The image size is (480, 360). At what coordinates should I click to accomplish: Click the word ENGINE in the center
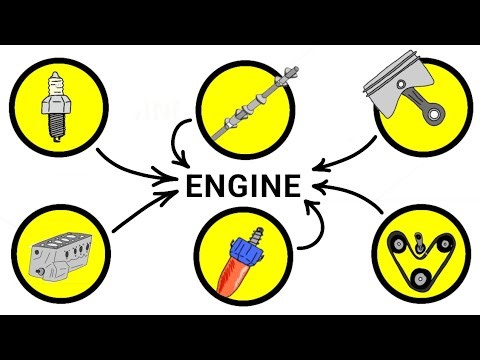coord(239,186)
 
